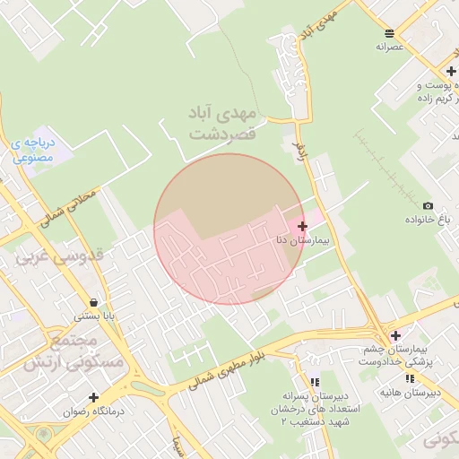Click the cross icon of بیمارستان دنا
(302, 226)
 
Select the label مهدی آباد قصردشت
(222, 123)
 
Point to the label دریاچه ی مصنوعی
(35, 150)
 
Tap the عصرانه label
(392, 45)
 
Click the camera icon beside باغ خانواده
(427, 206)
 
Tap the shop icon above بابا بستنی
(94, 302)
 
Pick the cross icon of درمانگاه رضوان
(93, 397)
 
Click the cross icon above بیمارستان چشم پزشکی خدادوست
(395, 335)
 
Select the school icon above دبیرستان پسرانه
(313, 382)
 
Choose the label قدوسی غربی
(60, 256)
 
